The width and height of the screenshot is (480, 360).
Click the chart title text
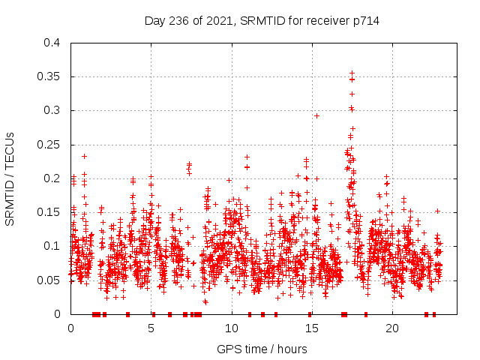(262, 21)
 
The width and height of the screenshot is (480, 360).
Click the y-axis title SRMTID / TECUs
(10, 178)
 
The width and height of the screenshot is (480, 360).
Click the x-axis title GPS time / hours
(262, 349)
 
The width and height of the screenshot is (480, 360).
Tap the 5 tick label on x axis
(151, 328)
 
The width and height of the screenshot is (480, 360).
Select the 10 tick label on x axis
(232, 328)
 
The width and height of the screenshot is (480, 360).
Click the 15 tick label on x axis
(312, 328)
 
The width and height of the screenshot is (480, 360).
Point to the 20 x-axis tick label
(392, 328)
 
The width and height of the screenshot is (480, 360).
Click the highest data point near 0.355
(352, 73)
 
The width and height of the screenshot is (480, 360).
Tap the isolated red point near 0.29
(316, 115)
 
